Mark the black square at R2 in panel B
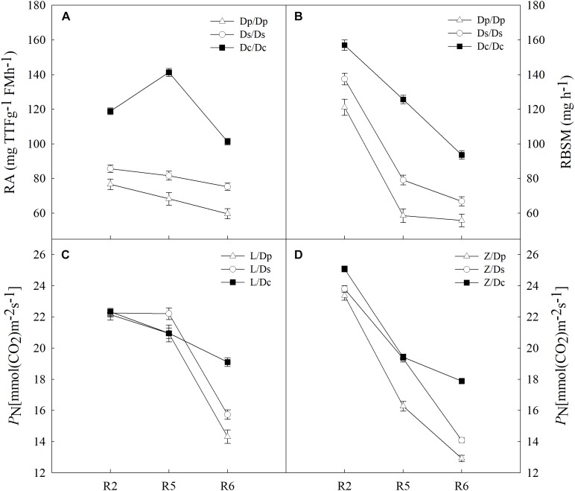click(345, 45)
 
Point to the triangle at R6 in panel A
click(227, 213)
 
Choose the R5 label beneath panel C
click(169, 484)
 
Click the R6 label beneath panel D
click(462, 484)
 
